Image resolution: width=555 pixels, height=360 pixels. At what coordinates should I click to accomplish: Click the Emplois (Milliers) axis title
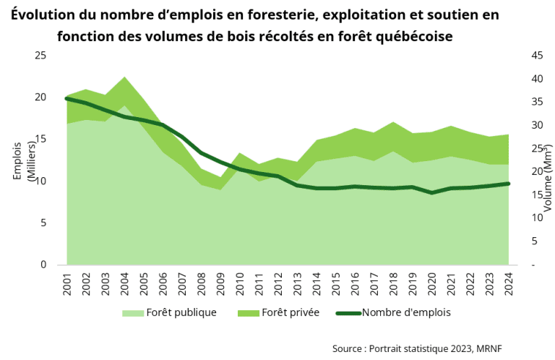click(25, 160)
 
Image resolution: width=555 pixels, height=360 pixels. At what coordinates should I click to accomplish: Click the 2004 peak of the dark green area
click(124, 77)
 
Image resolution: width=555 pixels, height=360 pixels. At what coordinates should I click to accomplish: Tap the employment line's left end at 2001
click(67, 98)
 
